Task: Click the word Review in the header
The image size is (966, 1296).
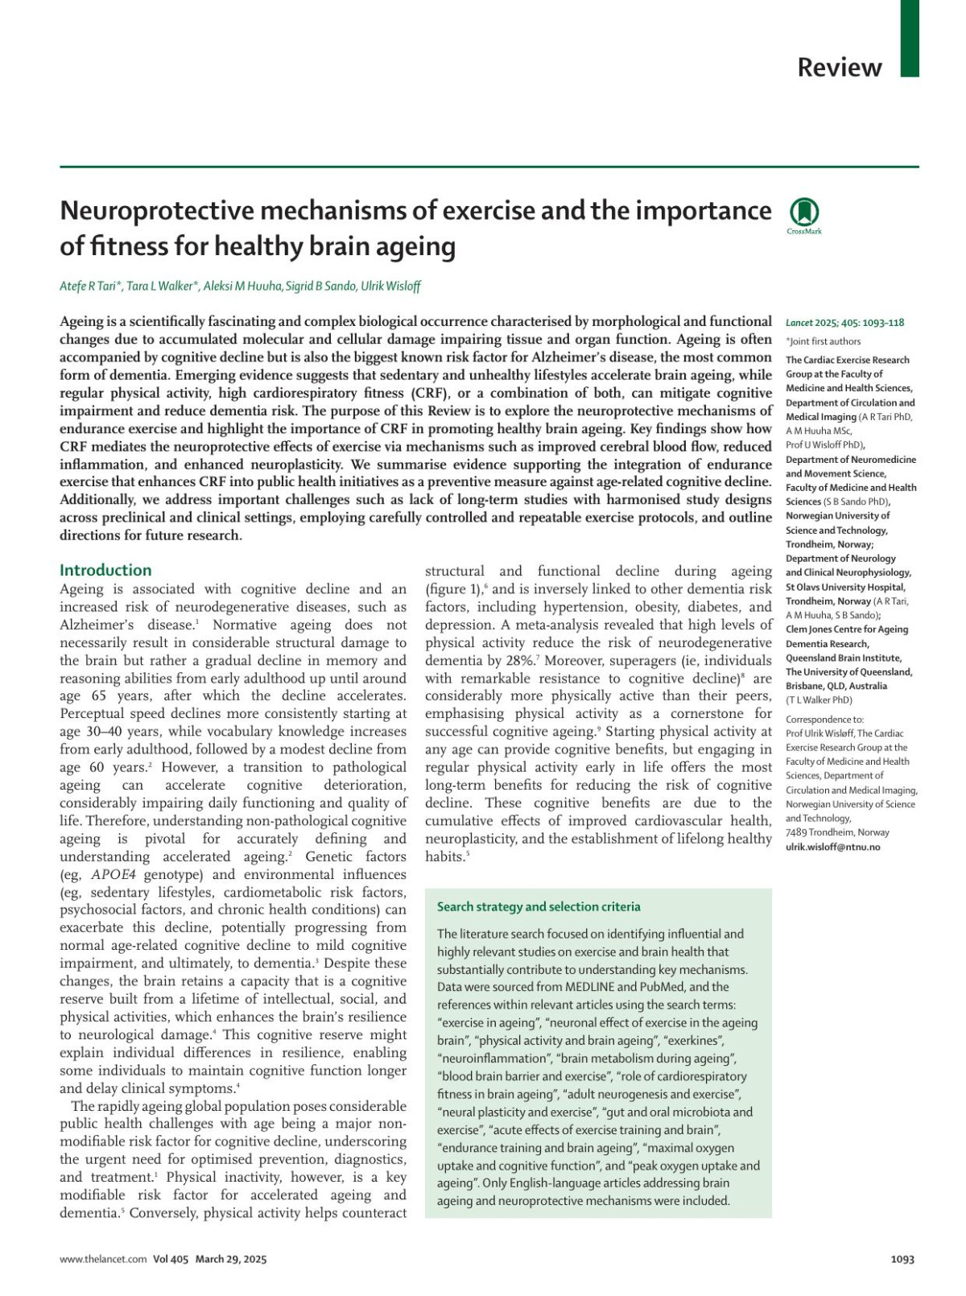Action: (839, 68)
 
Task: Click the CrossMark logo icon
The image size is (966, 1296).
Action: (804, 213)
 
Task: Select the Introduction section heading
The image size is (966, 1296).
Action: (105, 570)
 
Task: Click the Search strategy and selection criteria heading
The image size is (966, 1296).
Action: (539, 906)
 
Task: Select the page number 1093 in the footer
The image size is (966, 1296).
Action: (902, 1259)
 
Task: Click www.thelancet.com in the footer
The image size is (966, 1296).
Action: (103, 1259)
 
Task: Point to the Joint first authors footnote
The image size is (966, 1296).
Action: (823, 341)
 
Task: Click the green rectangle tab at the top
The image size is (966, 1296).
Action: (909, 38)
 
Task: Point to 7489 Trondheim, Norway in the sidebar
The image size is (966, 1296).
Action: (837, 832)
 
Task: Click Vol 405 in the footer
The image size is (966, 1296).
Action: (171, 1259)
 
